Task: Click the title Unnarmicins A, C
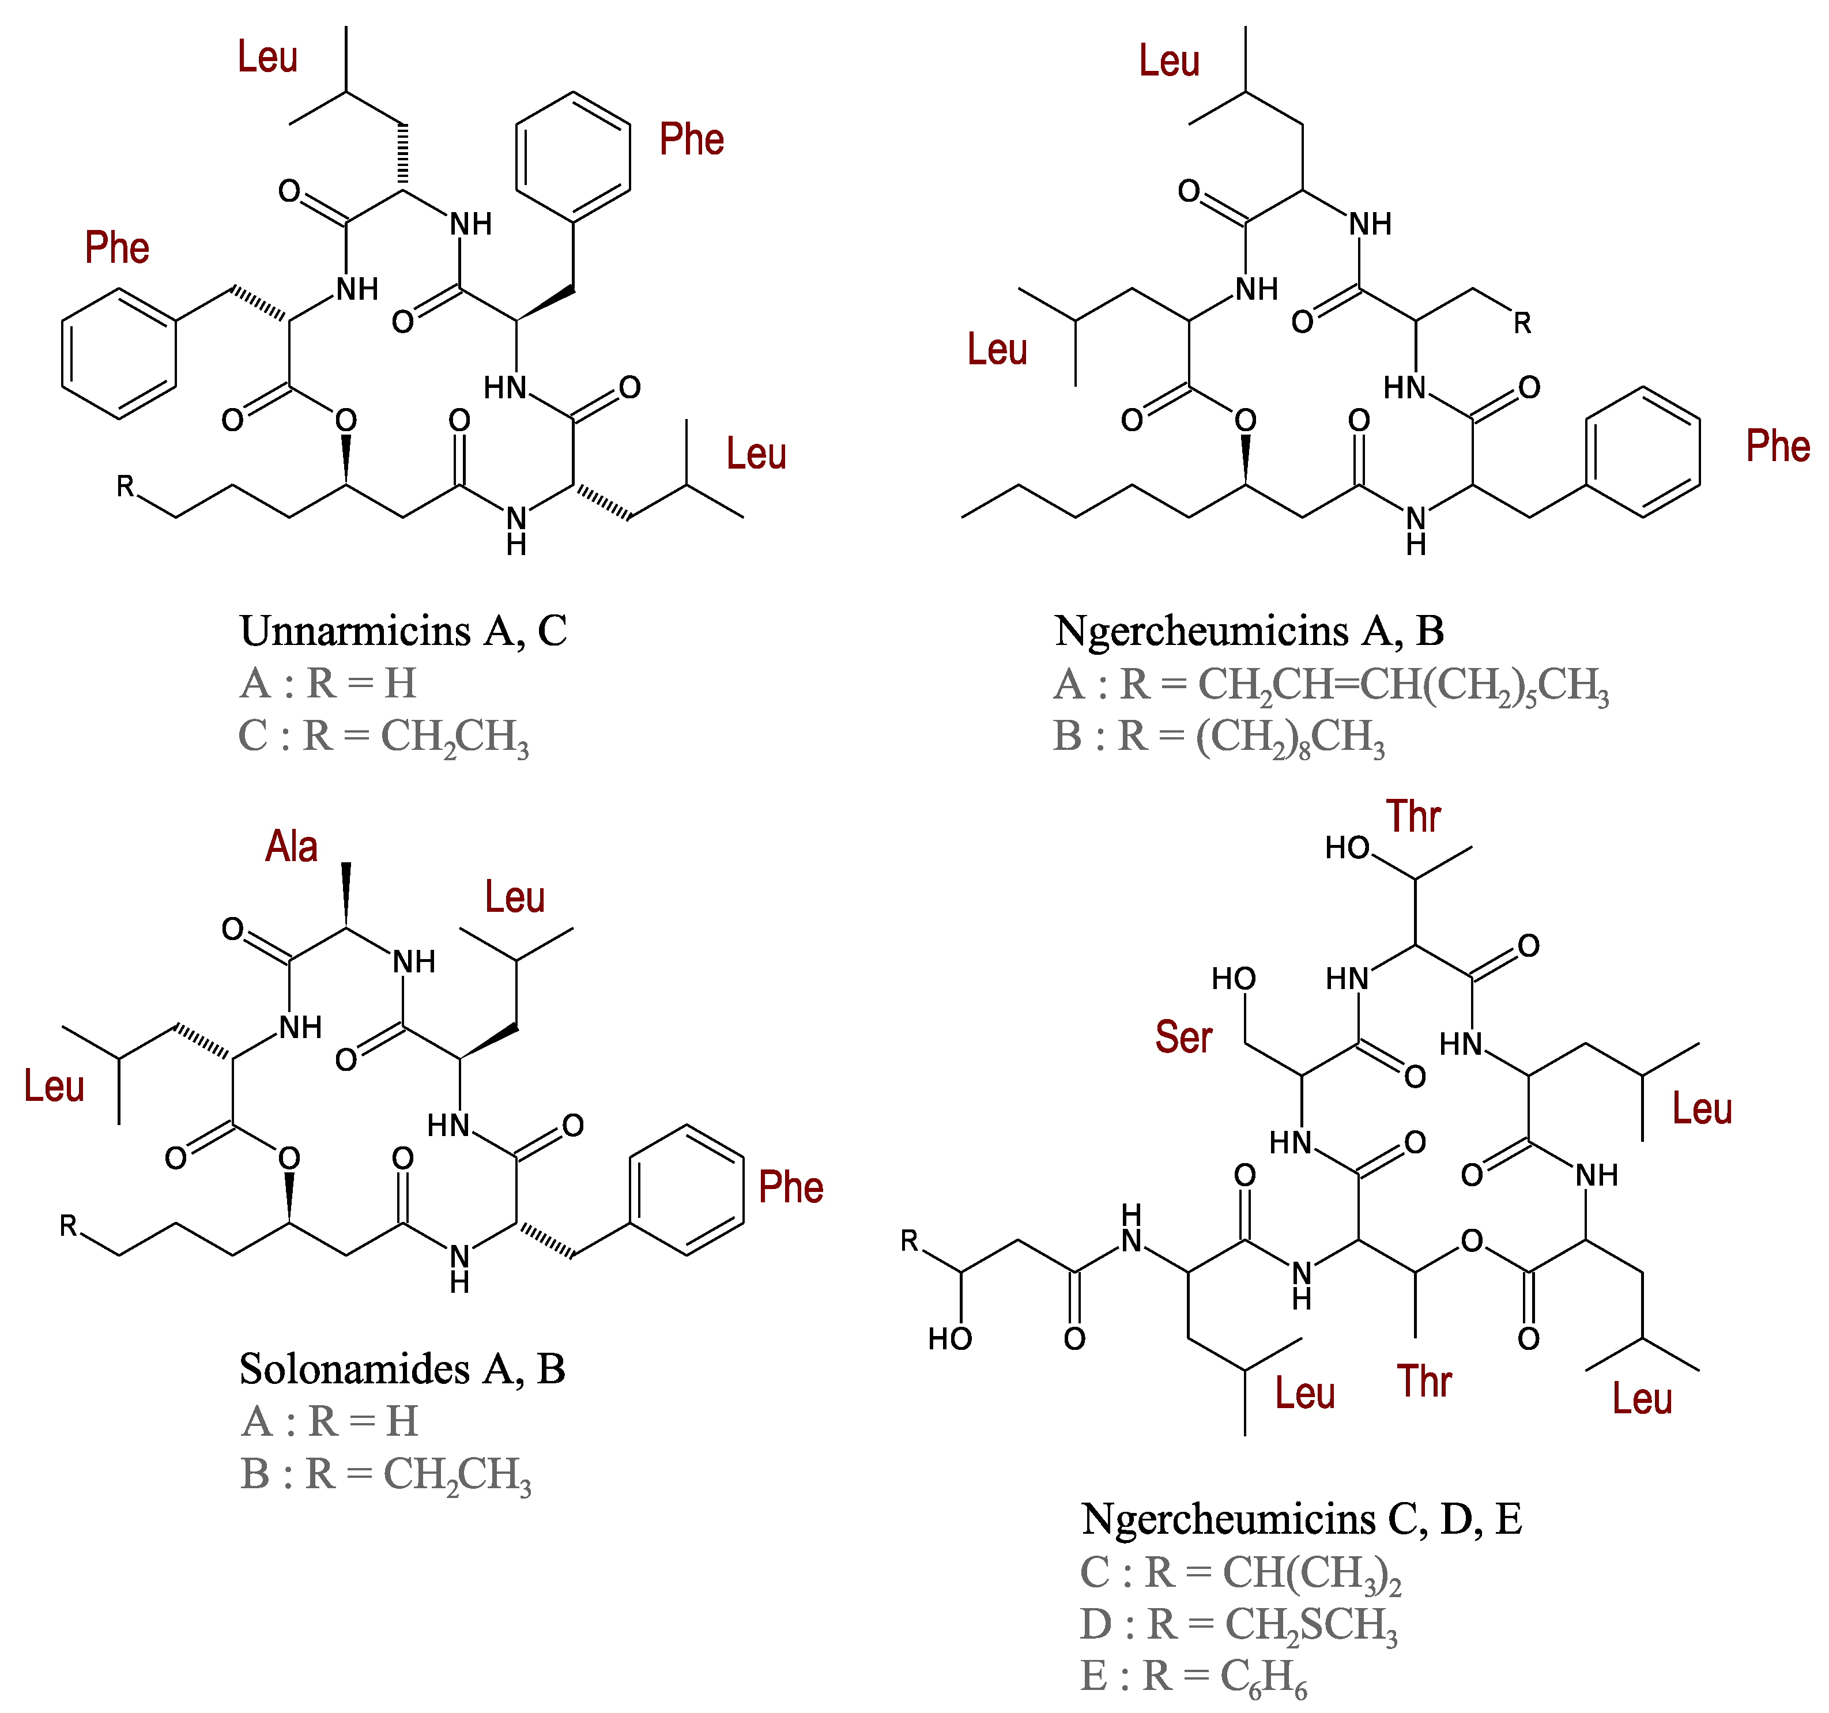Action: (403, 631)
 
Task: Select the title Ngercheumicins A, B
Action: (1249, 631)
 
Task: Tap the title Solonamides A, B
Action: (402, 1369)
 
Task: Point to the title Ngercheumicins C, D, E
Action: (1301, 1519)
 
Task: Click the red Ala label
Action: (292, 846)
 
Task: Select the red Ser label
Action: (1183, 1037)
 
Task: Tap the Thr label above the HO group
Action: (1413, 817)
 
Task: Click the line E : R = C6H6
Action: (1193, 1677)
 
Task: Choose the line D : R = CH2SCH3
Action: (1238, 1625)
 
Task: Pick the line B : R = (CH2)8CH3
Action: (1219, 737)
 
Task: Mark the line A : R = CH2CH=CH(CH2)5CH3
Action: (1332, 685)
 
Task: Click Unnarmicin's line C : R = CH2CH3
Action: (384, 737)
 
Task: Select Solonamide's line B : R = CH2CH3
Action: (386, 1475)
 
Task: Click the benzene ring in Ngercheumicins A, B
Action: (1642, 452)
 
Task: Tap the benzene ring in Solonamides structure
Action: (687, 1190)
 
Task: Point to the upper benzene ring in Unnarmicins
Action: (573, 156)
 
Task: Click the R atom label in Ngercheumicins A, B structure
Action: (1523, 323)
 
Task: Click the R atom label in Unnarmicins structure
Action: (125, 486)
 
